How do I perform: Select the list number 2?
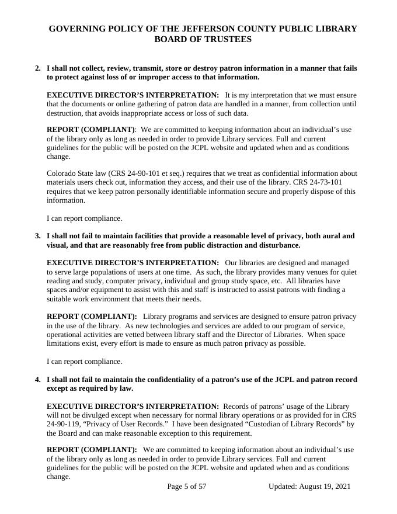(38, 68)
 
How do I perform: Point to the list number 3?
(38, 236)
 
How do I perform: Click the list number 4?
(38, 380)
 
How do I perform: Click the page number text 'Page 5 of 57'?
(187, 487)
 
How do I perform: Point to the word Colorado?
(62, 173)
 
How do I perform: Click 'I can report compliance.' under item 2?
(85, 218)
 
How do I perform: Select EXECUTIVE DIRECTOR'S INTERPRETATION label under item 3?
(133, 263)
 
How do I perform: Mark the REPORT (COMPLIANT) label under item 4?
(92, 450)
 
